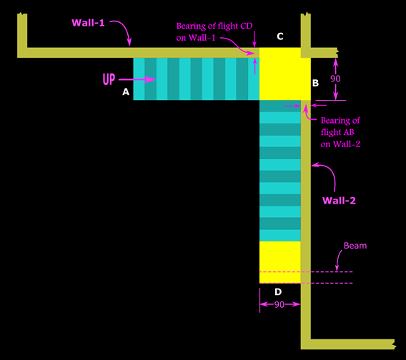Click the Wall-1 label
[88, 23]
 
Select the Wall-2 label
[339, 201]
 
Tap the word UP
[109, 79]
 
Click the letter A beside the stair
[126, 92]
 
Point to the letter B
[315, 84]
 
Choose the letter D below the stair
[277, 291]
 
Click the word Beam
[355, 245]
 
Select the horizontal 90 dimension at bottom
[279, 304]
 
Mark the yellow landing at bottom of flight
[279, 256]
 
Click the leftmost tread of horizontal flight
[139, 79]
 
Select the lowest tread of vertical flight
[279, 235]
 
